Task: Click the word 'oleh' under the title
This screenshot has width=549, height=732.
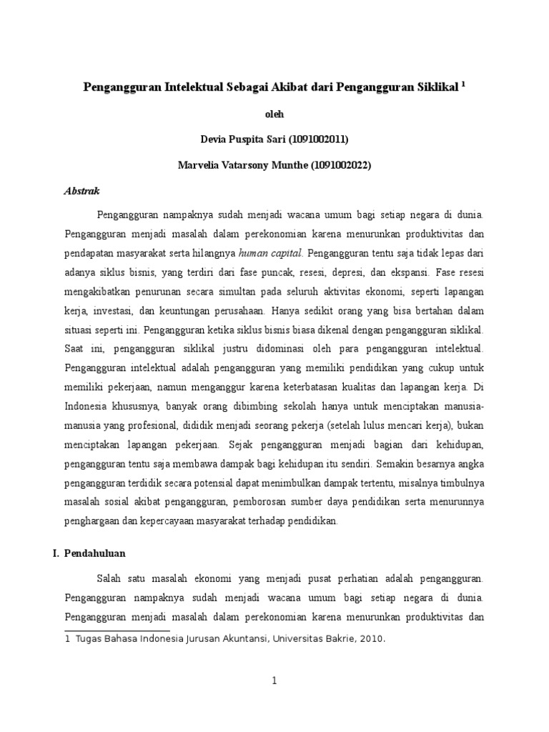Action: click(274, 112)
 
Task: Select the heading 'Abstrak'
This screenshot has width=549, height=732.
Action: click(81, 192)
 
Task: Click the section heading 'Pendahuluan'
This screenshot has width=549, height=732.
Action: click(104, 553)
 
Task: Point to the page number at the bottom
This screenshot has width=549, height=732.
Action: click(274, 682)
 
